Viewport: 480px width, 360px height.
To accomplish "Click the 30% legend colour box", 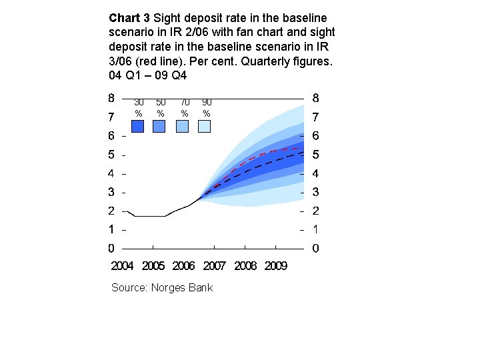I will [x=138, y=126].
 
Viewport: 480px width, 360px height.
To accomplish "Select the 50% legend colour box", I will [x=159, y=126].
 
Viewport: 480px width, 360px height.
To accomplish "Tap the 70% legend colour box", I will [x=182, y=126].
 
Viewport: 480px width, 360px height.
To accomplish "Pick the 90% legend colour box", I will [x=205, y=126].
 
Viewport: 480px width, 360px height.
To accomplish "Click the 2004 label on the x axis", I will [x=122, y=266].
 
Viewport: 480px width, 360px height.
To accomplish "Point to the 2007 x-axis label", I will [x=215, y=266].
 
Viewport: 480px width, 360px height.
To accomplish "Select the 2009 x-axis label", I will [x=276, y=266].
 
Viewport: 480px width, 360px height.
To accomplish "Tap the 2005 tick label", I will [x=153, y=266].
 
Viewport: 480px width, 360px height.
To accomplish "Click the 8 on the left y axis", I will [x=111, y=98].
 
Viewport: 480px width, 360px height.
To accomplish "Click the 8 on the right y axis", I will [x=316, y=98].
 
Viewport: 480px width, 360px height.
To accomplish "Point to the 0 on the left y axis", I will [x=111, y=249].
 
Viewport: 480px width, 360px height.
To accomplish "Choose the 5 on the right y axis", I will [x=316, y=155].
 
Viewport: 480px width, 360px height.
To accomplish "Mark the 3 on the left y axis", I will [x=111, y=192].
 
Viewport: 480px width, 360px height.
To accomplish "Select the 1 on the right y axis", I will [x=316, y=229].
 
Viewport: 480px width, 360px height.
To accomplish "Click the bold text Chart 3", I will [x=129, y=18].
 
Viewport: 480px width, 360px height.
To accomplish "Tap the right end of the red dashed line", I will [x=303, y=149].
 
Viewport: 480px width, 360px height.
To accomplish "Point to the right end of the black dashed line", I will [x=303, y=154].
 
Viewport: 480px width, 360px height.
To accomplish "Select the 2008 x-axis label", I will [x=245, y=266].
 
